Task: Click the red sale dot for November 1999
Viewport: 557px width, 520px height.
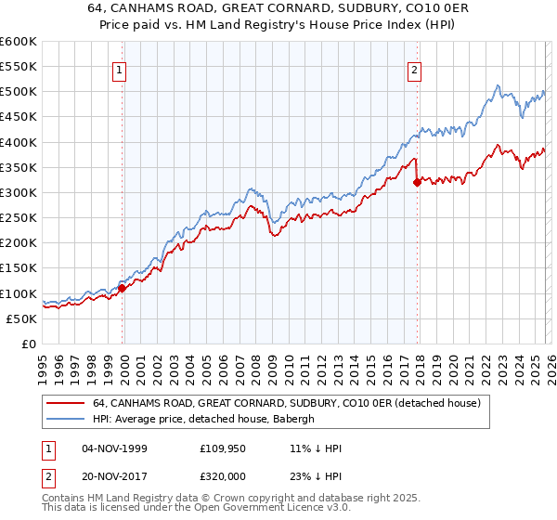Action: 122,288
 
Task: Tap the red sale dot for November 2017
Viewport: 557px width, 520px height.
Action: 417,182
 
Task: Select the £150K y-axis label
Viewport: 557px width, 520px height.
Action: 19,268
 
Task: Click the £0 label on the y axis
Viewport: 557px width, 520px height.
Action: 28,344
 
